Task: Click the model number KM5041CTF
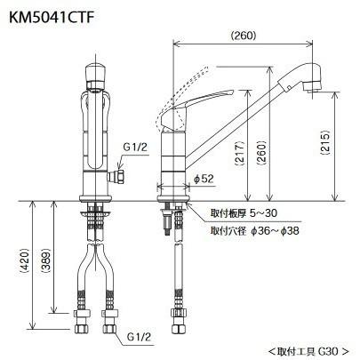51,18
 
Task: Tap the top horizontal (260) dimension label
243,36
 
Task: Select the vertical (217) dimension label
240,153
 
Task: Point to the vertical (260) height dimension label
261,153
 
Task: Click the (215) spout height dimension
325,142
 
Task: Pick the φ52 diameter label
204,179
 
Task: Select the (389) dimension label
45,260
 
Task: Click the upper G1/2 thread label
135,148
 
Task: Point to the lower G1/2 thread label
139,337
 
